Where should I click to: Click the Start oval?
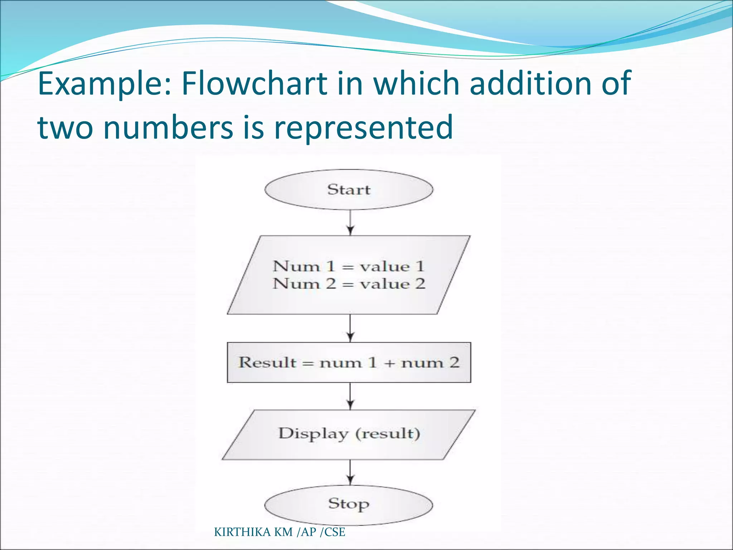[349, 189]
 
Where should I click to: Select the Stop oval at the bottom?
[349, 505]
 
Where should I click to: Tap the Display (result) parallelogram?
[349, 434]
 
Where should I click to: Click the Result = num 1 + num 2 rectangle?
[349, 362]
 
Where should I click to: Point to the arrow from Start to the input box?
[350, 222]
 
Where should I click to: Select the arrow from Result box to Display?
[350, 396]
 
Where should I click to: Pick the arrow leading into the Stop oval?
[350, 472]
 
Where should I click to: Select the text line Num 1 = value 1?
[349, 266]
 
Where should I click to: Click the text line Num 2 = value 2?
[349, 284]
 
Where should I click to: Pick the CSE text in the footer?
[335, 532]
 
